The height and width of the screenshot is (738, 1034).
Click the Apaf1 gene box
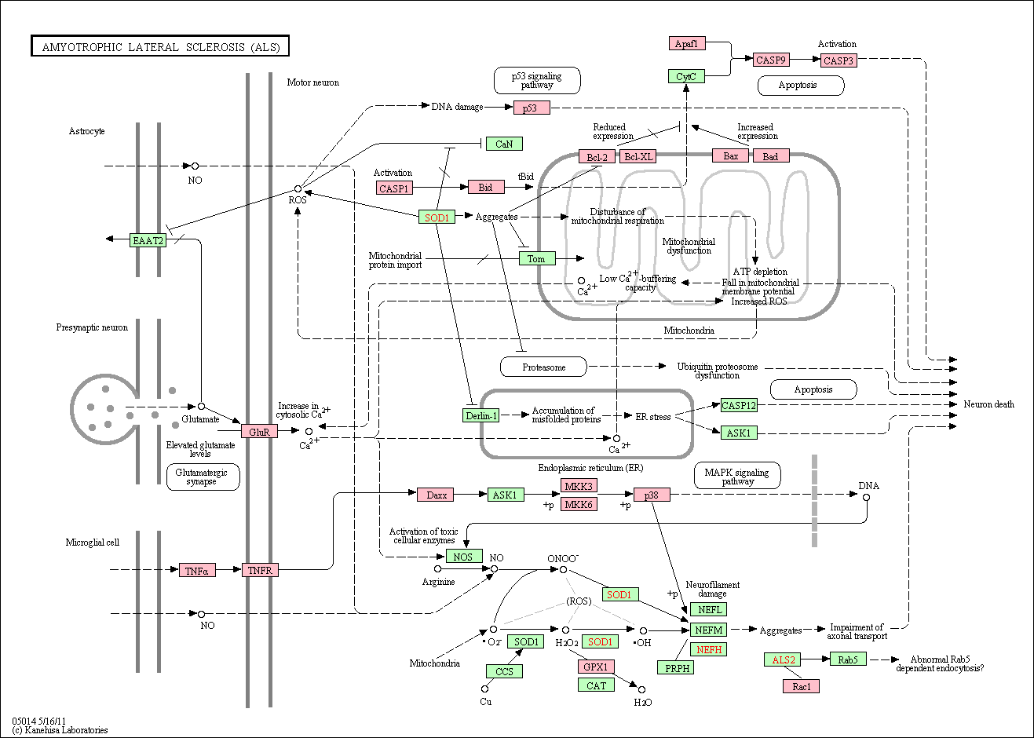pyautogui.click(x=687, y=43)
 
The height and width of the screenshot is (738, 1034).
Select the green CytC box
pyautogui.click(x=686, y=76)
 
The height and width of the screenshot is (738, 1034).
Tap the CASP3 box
pyautogui.click(x=839, y=60)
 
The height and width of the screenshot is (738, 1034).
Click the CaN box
pyautogui.click(x=504, y=144)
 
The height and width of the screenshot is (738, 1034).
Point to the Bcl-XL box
pyautogui.click(x=638, y=156)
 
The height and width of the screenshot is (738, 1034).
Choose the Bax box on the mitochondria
pyautogui.click(x=731, y=155)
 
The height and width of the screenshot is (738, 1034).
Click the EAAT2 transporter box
pyautogui.click(x=148, y=240)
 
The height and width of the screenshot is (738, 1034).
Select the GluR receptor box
pyautogui.click(x=259, y=432)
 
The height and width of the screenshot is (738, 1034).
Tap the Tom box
pyautogui.click(x=537, y=258)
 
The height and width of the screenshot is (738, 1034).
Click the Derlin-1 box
pyautogui.click(x=480, y=415)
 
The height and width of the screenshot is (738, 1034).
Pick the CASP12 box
pyautogui.click(x=739, y=405)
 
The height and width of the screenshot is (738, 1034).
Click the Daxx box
pyautogui.click(x=435, y=495)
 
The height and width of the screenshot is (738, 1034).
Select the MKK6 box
pyautogui.click(x=579, y=504)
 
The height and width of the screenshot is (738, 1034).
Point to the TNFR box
pyautogui.click(x=261, y=570)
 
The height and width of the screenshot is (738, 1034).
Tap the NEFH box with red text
pyautogui.click(x=708, y=649)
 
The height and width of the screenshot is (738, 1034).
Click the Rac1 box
pyautogui.click(x=802, y=686)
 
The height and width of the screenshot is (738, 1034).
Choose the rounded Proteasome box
pyautogui.click(x=544, y=367)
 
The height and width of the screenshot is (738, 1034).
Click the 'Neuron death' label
pyautogui.click(x=988, y=404)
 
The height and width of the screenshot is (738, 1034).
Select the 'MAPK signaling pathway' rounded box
pyautogui.click(x=737, y=476)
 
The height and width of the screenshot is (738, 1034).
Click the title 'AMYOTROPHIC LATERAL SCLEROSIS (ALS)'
pyautogui.click(x=160, y=46)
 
